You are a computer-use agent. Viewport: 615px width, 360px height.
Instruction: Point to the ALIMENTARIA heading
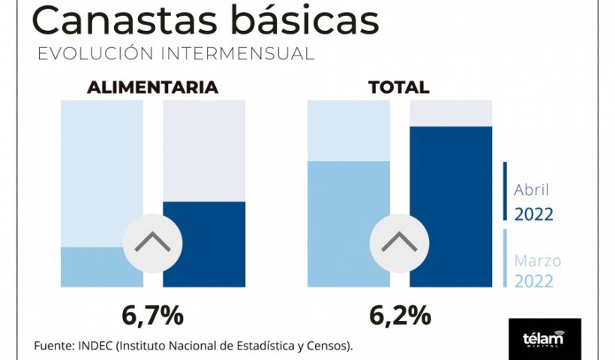[153, 88]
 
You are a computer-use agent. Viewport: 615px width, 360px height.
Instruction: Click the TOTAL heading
[399, 88]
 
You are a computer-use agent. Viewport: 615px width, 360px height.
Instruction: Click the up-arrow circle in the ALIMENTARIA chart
[153, 242]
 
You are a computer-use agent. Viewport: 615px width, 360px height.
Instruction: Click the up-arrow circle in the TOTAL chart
[400, 242]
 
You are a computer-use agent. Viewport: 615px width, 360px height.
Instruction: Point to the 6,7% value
[153, 316]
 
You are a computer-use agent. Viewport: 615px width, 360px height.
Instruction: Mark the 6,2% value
[400, 316]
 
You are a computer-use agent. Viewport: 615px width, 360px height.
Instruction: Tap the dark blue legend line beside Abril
[505, 191]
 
